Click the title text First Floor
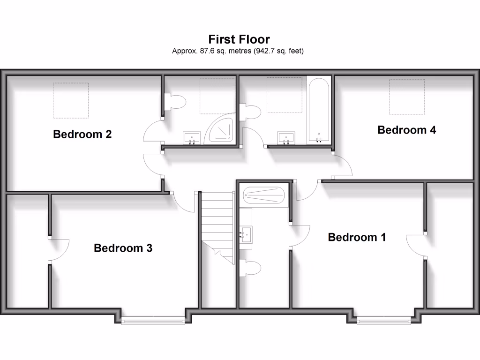click(x=239, y=39)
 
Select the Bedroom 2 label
click(x=82, y=135)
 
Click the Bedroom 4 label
click(x=406, y=130)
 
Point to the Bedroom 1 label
click(x=357, y=237)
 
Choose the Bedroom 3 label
click(x=123, y=248)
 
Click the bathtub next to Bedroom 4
click(x=319, y=111)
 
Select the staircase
click(x=217, y=225)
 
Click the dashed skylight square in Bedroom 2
click(x=70, y=100)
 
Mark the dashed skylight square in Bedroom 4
click(x=407, y=97)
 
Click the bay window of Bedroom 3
click(x=153, y=320)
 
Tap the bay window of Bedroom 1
click(x=383, y=321)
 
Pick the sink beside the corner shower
click(x=191, y=138)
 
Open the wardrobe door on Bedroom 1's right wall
click(x=416, y=245)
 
